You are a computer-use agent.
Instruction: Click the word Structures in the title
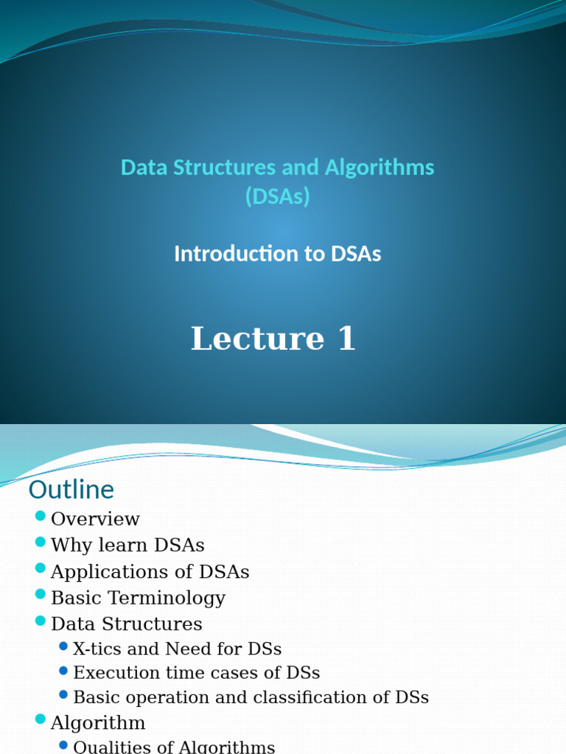(x=226, y=168)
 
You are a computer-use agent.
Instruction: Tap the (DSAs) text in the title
(x=277, y=197)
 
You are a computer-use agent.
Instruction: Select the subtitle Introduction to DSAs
(x=277, y=254)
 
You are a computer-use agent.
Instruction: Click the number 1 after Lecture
(x=346, y=339)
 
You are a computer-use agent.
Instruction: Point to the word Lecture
(x=257, y=339)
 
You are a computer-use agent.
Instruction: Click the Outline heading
(x=71, y=490)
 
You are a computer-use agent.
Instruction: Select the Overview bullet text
(x=95, y=519)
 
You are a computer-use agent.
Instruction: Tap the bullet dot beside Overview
(x=41, y=515)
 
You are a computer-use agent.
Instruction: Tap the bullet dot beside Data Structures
(x=41, y=621)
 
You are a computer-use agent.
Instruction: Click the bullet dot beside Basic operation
(x=63, y=694)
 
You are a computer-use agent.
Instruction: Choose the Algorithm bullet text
(x=98, y=723)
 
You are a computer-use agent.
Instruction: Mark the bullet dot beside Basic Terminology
(x=41, y=594)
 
